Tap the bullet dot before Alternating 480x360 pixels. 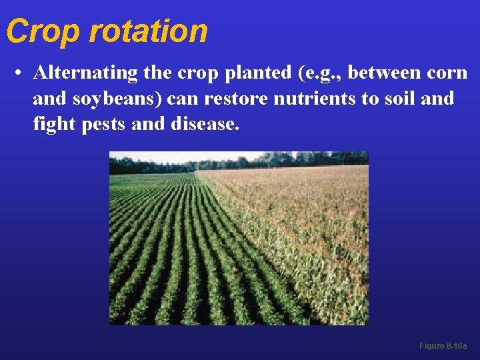[x=21, y=73]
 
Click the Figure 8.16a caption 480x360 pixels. [x=443, y=346]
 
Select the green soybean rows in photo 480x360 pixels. [x=173, y=267]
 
